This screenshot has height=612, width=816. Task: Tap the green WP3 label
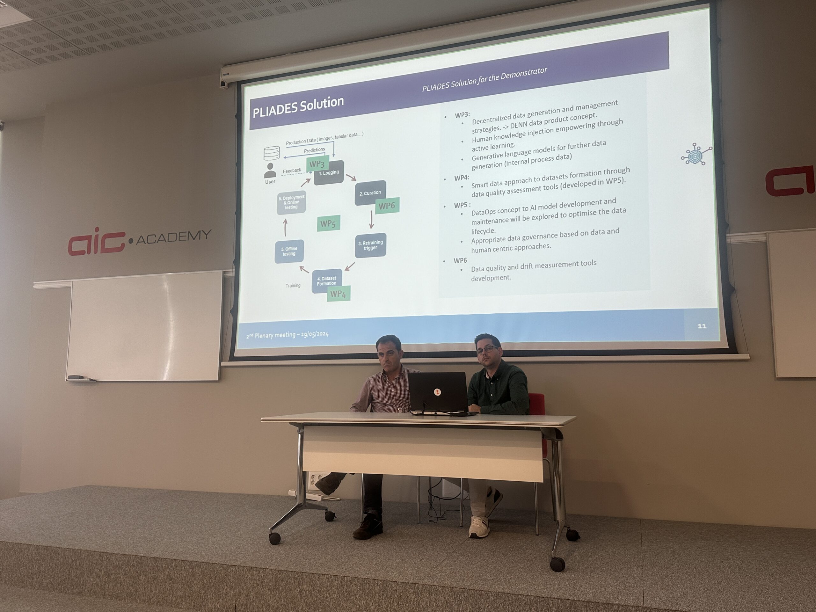(317, 164)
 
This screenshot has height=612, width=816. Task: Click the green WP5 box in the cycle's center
(328, 223)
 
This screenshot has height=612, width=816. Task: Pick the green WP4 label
(339, 294)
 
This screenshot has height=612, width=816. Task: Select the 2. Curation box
(370, 193)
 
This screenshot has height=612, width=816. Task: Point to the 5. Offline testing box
(289, 251)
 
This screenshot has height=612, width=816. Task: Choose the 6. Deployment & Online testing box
(291, 202)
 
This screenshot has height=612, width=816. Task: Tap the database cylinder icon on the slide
(272, 153)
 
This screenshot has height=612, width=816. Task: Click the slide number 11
(702, 326)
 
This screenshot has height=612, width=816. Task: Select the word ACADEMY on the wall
(174, 237)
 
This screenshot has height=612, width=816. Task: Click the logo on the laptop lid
(437, 392)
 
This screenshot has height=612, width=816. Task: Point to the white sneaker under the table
(478, 527)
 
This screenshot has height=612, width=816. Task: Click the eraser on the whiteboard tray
(76, 377)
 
